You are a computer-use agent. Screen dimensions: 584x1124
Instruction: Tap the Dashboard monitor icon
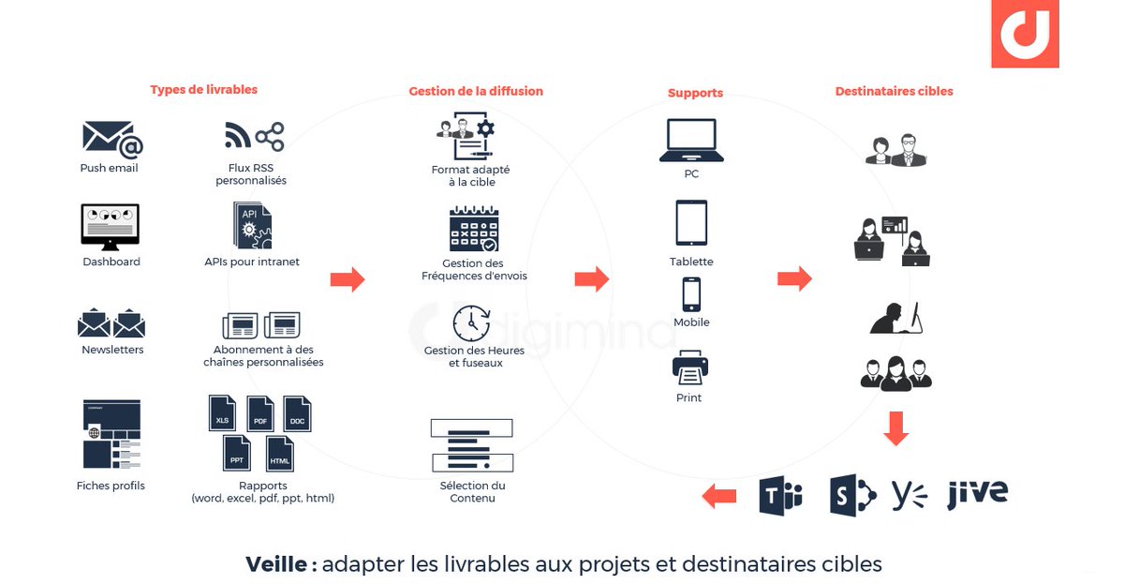tap(110, 226)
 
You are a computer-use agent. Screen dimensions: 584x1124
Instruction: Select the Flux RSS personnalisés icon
tap(254, 137)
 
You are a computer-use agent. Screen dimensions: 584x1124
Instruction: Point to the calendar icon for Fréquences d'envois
tap(475, 230)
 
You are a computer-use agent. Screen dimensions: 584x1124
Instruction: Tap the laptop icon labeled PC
tap(691, 140)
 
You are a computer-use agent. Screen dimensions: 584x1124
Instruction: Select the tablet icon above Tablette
tap(691, 223)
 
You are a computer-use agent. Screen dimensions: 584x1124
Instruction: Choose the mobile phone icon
tap(691, 293)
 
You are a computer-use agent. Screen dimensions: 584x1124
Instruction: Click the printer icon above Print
tap(690, 367)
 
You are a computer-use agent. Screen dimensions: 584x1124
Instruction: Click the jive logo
tap(977, 493)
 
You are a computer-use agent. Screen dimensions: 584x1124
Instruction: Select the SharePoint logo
tap(851, 495)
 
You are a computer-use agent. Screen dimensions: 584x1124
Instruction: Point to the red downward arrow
tap(896, 427)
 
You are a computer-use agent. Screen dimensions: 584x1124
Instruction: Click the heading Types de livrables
tap(203, 90)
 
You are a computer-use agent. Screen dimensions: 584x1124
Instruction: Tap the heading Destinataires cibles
tap(894, 92)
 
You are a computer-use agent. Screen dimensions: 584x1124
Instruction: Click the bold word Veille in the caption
tap(276, 564)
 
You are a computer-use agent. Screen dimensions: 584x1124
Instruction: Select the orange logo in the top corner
tap(1025, 34)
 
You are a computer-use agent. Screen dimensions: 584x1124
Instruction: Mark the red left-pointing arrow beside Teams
tap(719, 495)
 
